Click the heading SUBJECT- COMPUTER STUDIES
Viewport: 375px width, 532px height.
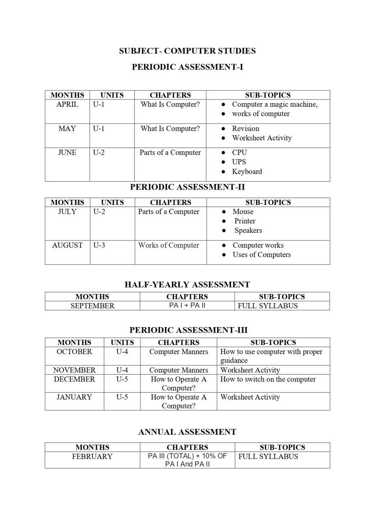coord(187,51)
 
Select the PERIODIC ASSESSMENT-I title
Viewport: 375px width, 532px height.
coord(187,67)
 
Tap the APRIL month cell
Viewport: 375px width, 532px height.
coord(67,105)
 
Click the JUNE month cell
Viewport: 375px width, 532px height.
coord(67,153)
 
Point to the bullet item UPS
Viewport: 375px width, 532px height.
coord(239,162)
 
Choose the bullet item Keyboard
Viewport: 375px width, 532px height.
coord(247,171)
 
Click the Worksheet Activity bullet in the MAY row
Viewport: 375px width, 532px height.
coord(262,138)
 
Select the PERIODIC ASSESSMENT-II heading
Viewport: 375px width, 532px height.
coord(187,187)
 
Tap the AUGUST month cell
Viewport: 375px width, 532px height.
coord(67,246)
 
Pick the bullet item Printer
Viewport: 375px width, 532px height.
coord(245,221)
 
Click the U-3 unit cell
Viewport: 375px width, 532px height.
coord(99,246)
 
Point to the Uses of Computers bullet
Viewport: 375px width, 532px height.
coord(261,255)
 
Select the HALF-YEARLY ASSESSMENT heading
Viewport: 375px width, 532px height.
coord(187,285)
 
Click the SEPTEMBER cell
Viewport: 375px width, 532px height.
coord(92,306)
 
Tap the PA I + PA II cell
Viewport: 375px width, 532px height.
coord(187,306)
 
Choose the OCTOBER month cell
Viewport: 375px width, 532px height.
coord(74,352)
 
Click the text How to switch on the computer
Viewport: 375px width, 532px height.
coord(268,379)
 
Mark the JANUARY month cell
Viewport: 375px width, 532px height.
coord(74,397)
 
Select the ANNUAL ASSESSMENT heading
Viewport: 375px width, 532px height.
coord(187,432)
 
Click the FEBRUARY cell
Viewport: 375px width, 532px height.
coord(92,457)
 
